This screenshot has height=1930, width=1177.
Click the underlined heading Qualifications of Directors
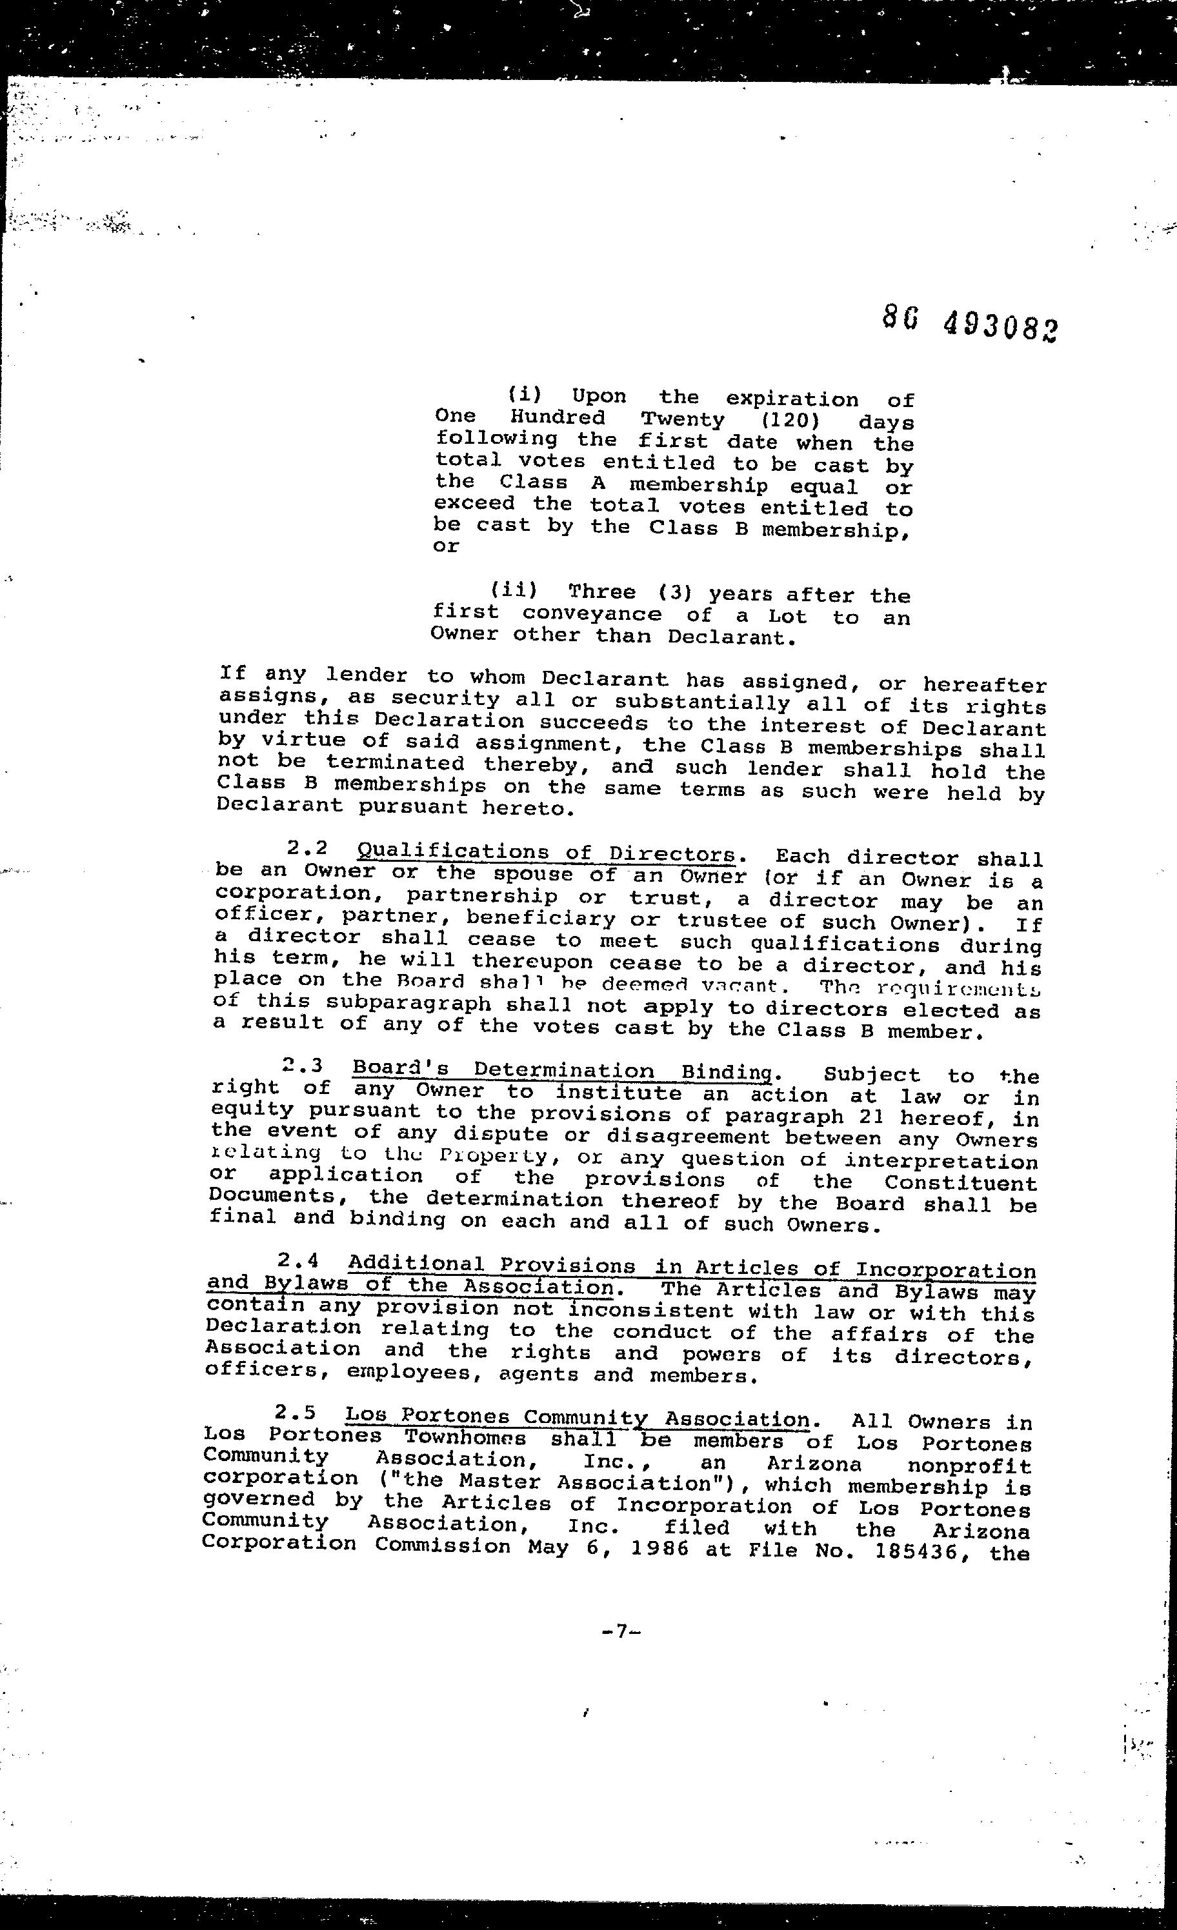[546, 853]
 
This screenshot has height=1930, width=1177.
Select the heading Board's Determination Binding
[563, 1071]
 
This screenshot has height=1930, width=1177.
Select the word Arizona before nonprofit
[814, 1462]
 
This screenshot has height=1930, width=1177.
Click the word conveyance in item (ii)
[592, 615]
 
